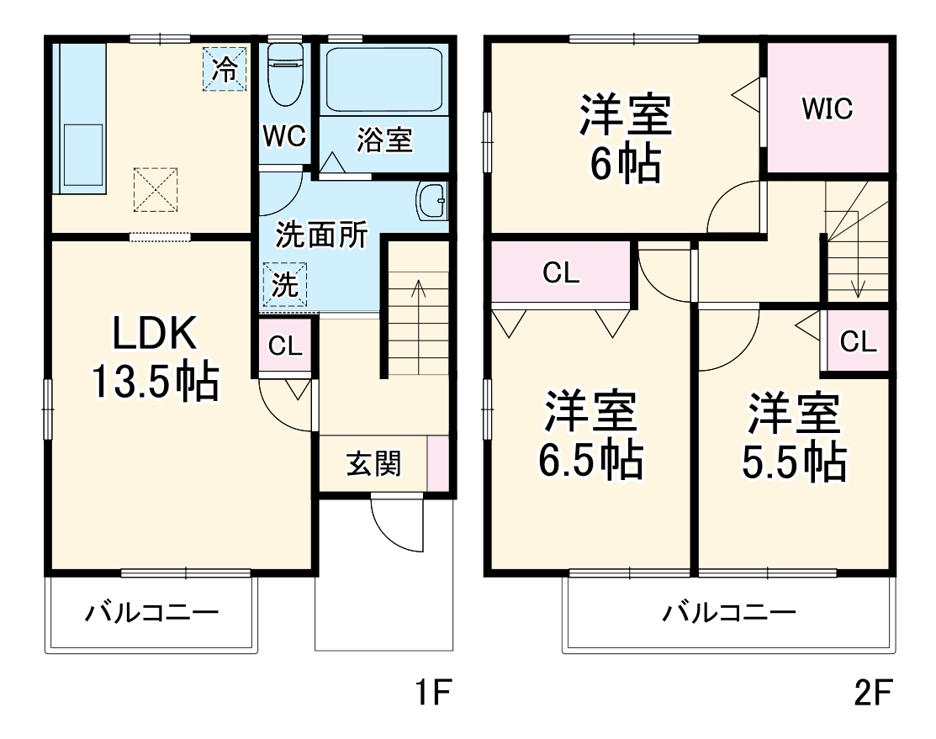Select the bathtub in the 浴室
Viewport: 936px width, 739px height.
pos(383,79)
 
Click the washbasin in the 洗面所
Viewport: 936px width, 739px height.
pos(432,201)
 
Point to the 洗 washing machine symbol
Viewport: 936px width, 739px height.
pos(286,285)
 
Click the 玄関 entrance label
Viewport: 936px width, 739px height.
pos(373,463)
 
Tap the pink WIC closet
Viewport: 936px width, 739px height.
pos(828,108)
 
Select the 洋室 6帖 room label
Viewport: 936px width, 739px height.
pos(624,139)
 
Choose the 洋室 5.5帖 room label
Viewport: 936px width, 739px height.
pos(794,436)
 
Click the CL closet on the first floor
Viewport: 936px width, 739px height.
pos(285,346)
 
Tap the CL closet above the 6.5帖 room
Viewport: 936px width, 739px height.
pos(561,273)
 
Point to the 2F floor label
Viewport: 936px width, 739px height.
pos(872,694)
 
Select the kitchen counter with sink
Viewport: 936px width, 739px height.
pos(80,118)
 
